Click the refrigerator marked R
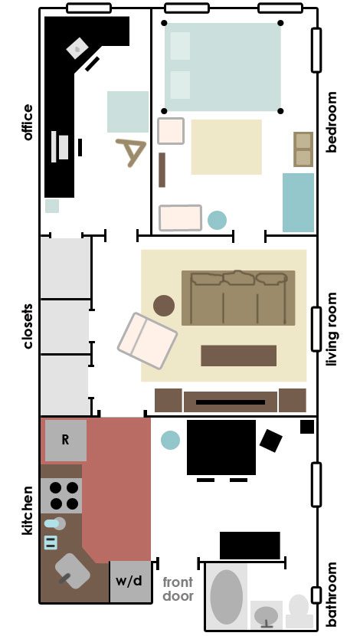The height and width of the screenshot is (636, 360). click(x=66, y=440)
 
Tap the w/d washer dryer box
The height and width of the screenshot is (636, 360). click(x=129, y=582)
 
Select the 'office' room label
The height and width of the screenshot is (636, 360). click(x=28, y=122)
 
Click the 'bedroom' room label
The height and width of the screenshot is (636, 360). click(x=332, y=122)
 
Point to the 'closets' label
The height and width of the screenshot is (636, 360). click(x=28, y=326)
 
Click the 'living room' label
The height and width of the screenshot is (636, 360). click(x=332, y=329)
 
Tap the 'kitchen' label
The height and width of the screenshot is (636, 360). click(x=28, y=510)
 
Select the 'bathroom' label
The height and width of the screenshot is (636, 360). click(x=332, y=593)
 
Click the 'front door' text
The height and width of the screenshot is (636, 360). click(x=178, y=589)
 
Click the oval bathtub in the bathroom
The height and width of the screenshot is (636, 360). click(x=227, y=597)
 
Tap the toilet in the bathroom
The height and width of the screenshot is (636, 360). click(x=299, y=611)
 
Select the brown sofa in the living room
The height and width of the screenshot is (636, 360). click(x=238, y=298)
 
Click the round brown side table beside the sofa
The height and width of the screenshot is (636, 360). click(x=164, y=306)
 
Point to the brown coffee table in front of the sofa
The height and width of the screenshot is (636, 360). click(x=239, y=356)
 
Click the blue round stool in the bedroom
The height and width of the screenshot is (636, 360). click(x=217, y=220)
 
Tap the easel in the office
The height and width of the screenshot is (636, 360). click(x=130, y=152)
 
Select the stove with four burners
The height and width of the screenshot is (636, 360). click(x=61, y=496)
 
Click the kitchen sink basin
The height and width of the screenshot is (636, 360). click(x=72, y=571)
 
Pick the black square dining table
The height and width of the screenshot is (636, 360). click(x=221, y=447)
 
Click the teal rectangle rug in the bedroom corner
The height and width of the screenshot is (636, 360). click(x=299, y=202)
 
